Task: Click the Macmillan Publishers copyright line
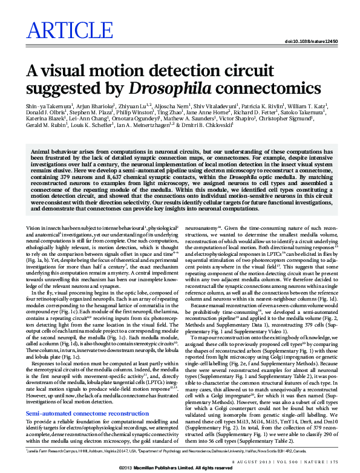tap(180, 468)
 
